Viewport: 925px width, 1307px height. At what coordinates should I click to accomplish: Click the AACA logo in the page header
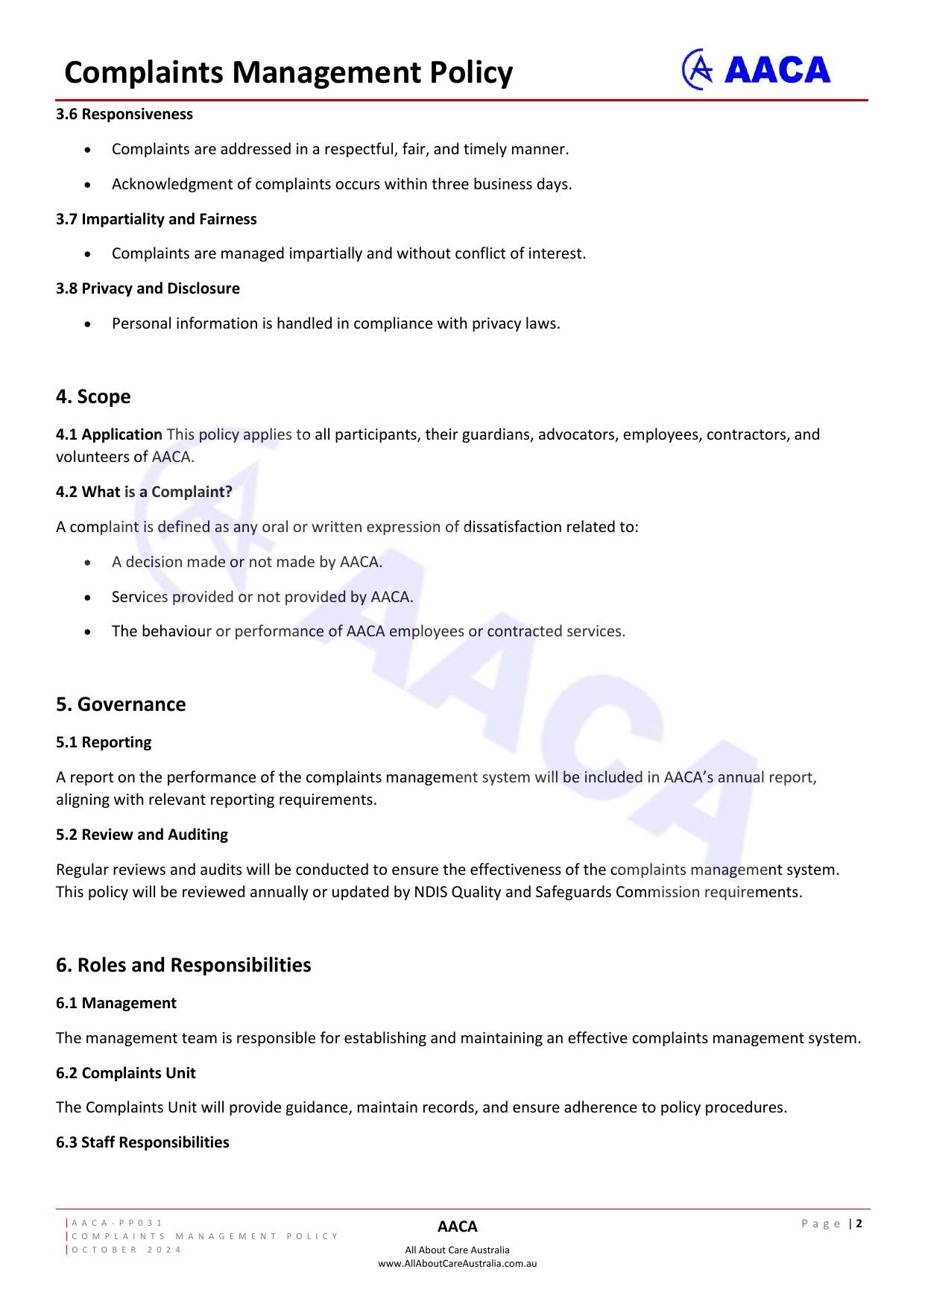pyautogui.click(x=756, y=70)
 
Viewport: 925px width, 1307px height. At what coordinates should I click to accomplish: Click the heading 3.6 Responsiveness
pyautogui.click(x=124, y=114)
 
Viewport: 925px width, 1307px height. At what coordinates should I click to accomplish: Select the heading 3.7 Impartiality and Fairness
pyautogui.click(x=157, y=219)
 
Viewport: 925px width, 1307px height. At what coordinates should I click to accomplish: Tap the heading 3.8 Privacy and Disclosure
pyautogui.click(x=148, y=288)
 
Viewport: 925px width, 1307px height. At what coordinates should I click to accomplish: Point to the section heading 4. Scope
pyautogui.click(x=93, y=396)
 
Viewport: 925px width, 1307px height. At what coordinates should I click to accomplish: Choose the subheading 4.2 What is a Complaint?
pyautogui.click(x=144, y=492)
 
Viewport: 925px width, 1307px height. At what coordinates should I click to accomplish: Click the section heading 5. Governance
pyautogui.click(x=121, y=704)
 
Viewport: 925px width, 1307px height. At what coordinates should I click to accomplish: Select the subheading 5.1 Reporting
pyautogui.click(x=104, y=742)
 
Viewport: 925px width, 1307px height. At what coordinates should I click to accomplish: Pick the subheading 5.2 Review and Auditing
pyautogui.click(x=142, y=835)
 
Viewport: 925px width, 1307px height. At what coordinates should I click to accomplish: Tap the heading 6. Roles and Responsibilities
pyautogui.click(x=183, y=965)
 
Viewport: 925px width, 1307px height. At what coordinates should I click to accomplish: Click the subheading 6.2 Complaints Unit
pyautogui.click(x=125, y=1073)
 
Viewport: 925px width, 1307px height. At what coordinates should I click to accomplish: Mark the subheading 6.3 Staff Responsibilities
pyautogui.click(x=142, y=1142)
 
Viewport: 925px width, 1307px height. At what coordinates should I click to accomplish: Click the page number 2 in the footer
pyautogui.click(x=859, y=1223)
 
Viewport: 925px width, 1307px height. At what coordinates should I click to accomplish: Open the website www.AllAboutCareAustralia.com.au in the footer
pyautogui.click(x=457, y=1263)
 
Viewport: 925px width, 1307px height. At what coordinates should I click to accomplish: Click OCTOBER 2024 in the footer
pyautogui.click(x=127, y=1250)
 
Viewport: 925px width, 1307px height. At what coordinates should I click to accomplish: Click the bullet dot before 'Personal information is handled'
pyautogui.click(x=89, y=324)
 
